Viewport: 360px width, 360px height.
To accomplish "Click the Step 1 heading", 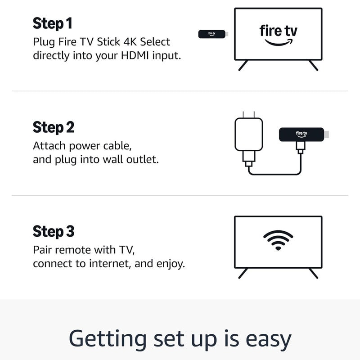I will click(x=52, y=23).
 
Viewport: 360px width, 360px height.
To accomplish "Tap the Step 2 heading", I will click(x=54, y=127).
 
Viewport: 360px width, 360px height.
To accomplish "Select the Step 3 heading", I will click(x=54, y=232).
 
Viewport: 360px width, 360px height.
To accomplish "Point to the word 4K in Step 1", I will click(x=127, y=42).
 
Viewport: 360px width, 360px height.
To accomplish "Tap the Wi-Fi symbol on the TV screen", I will click(x=278, y=240).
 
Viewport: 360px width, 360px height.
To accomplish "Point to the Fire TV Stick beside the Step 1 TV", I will click(x=213, y=34).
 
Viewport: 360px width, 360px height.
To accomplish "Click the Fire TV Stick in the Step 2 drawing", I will click(x=301, y=134).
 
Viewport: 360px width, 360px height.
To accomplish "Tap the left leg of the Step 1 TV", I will click(x=243, y=66).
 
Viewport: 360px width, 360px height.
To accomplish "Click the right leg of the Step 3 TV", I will click(x=313, y=274).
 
